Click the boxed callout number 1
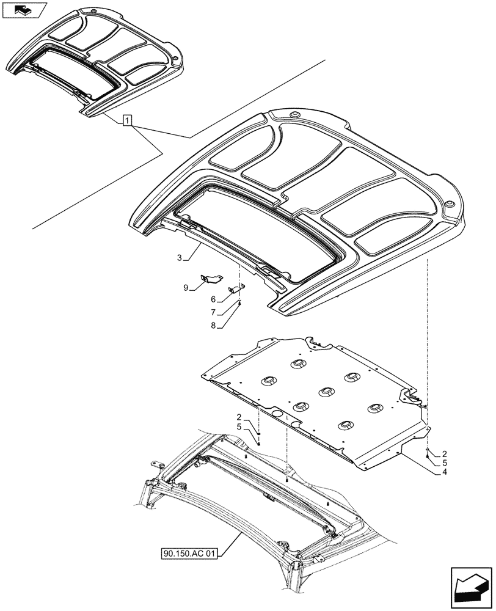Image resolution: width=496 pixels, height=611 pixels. (126, 120)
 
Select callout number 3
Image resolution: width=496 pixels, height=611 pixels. (179, 258)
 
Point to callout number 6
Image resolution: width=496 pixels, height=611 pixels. (213, 299)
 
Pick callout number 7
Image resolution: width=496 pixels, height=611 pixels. (213, 312)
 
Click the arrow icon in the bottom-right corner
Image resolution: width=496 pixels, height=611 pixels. (470, 586)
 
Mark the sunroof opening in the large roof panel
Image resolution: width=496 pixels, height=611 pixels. (257, 232)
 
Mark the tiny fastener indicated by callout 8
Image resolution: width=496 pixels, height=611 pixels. (240, 304)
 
